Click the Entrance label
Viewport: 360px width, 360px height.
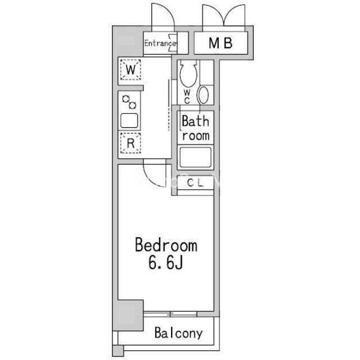(x=160, y=43)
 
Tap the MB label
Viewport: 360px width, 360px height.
(x=220, y=43)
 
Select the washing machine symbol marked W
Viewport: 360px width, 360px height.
(x=130, y=70)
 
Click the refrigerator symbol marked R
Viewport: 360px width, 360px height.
(x=130, y=143)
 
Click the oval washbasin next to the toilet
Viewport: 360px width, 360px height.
(x=204, y=95)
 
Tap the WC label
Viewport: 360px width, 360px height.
(x=187, y=97)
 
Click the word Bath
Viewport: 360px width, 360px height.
(x=195, y=121)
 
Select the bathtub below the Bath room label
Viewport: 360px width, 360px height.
(x=195, y=157)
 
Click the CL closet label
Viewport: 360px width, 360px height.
(x=195, y=183)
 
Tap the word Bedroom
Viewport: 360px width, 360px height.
(x=166, y=245)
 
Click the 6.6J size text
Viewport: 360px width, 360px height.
(x=165, y=263)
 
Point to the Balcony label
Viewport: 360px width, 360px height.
(x=179, y=333)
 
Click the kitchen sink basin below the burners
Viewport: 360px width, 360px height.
(x=129, y=120)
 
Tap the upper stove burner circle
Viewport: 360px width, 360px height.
(x=126, y=99)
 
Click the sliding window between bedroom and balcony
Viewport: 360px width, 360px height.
(x=170, y=314)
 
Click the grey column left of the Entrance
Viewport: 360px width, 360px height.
(x=128, y=40)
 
